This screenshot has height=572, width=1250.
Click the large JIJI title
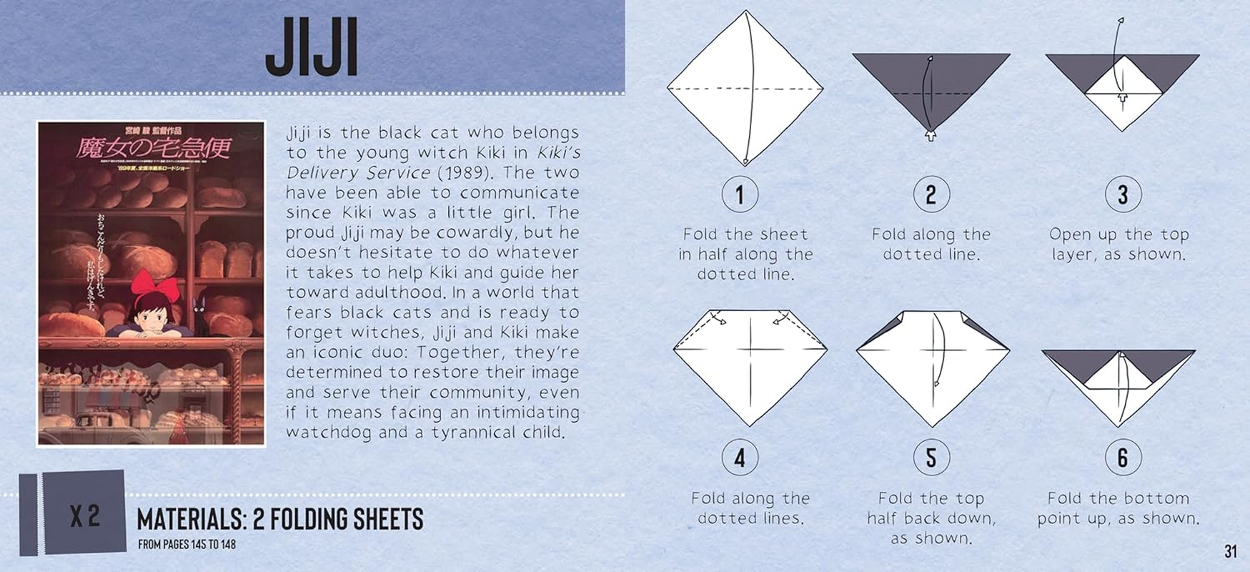point(312,48)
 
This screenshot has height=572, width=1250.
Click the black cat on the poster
point(200,315)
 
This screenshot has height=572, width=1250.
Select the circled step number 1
point(740,194)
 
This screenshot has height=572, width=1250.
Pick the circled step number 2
point(931,194)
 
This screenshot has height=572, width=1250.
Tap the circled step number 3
point(1122,194)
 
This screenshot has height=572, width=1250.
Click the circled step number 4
point(740,458)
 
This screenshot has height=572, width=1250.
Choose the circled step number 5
point(931,458)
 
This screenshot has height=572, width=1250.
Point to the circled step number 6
point(1122,458)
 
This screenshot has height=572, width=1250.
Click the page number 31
point(1230,551)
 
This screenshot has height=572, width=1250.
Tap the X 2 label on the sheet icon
point(84,516)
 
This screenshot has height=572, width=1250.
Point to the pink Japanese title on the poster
point(154,148)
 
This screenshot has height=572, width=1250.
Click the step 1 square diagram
point(745,89)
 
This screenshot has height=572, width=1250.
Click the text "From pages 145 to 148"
point(187,545)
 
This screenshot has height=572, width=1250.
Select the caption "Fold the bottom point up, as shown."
point(1118,508)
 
